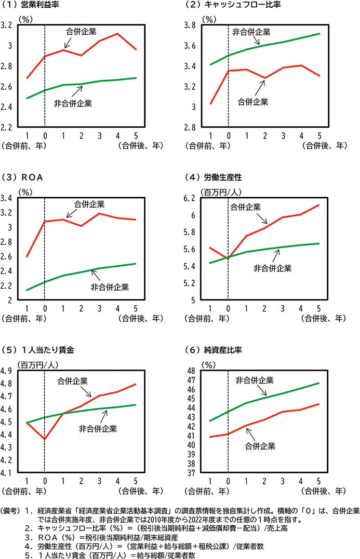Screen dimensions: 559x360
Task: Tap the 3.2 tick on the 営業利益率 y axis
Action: coord(8,25)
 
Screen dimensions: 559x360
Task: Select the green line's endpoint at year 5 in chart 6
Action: coord(318,383)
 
